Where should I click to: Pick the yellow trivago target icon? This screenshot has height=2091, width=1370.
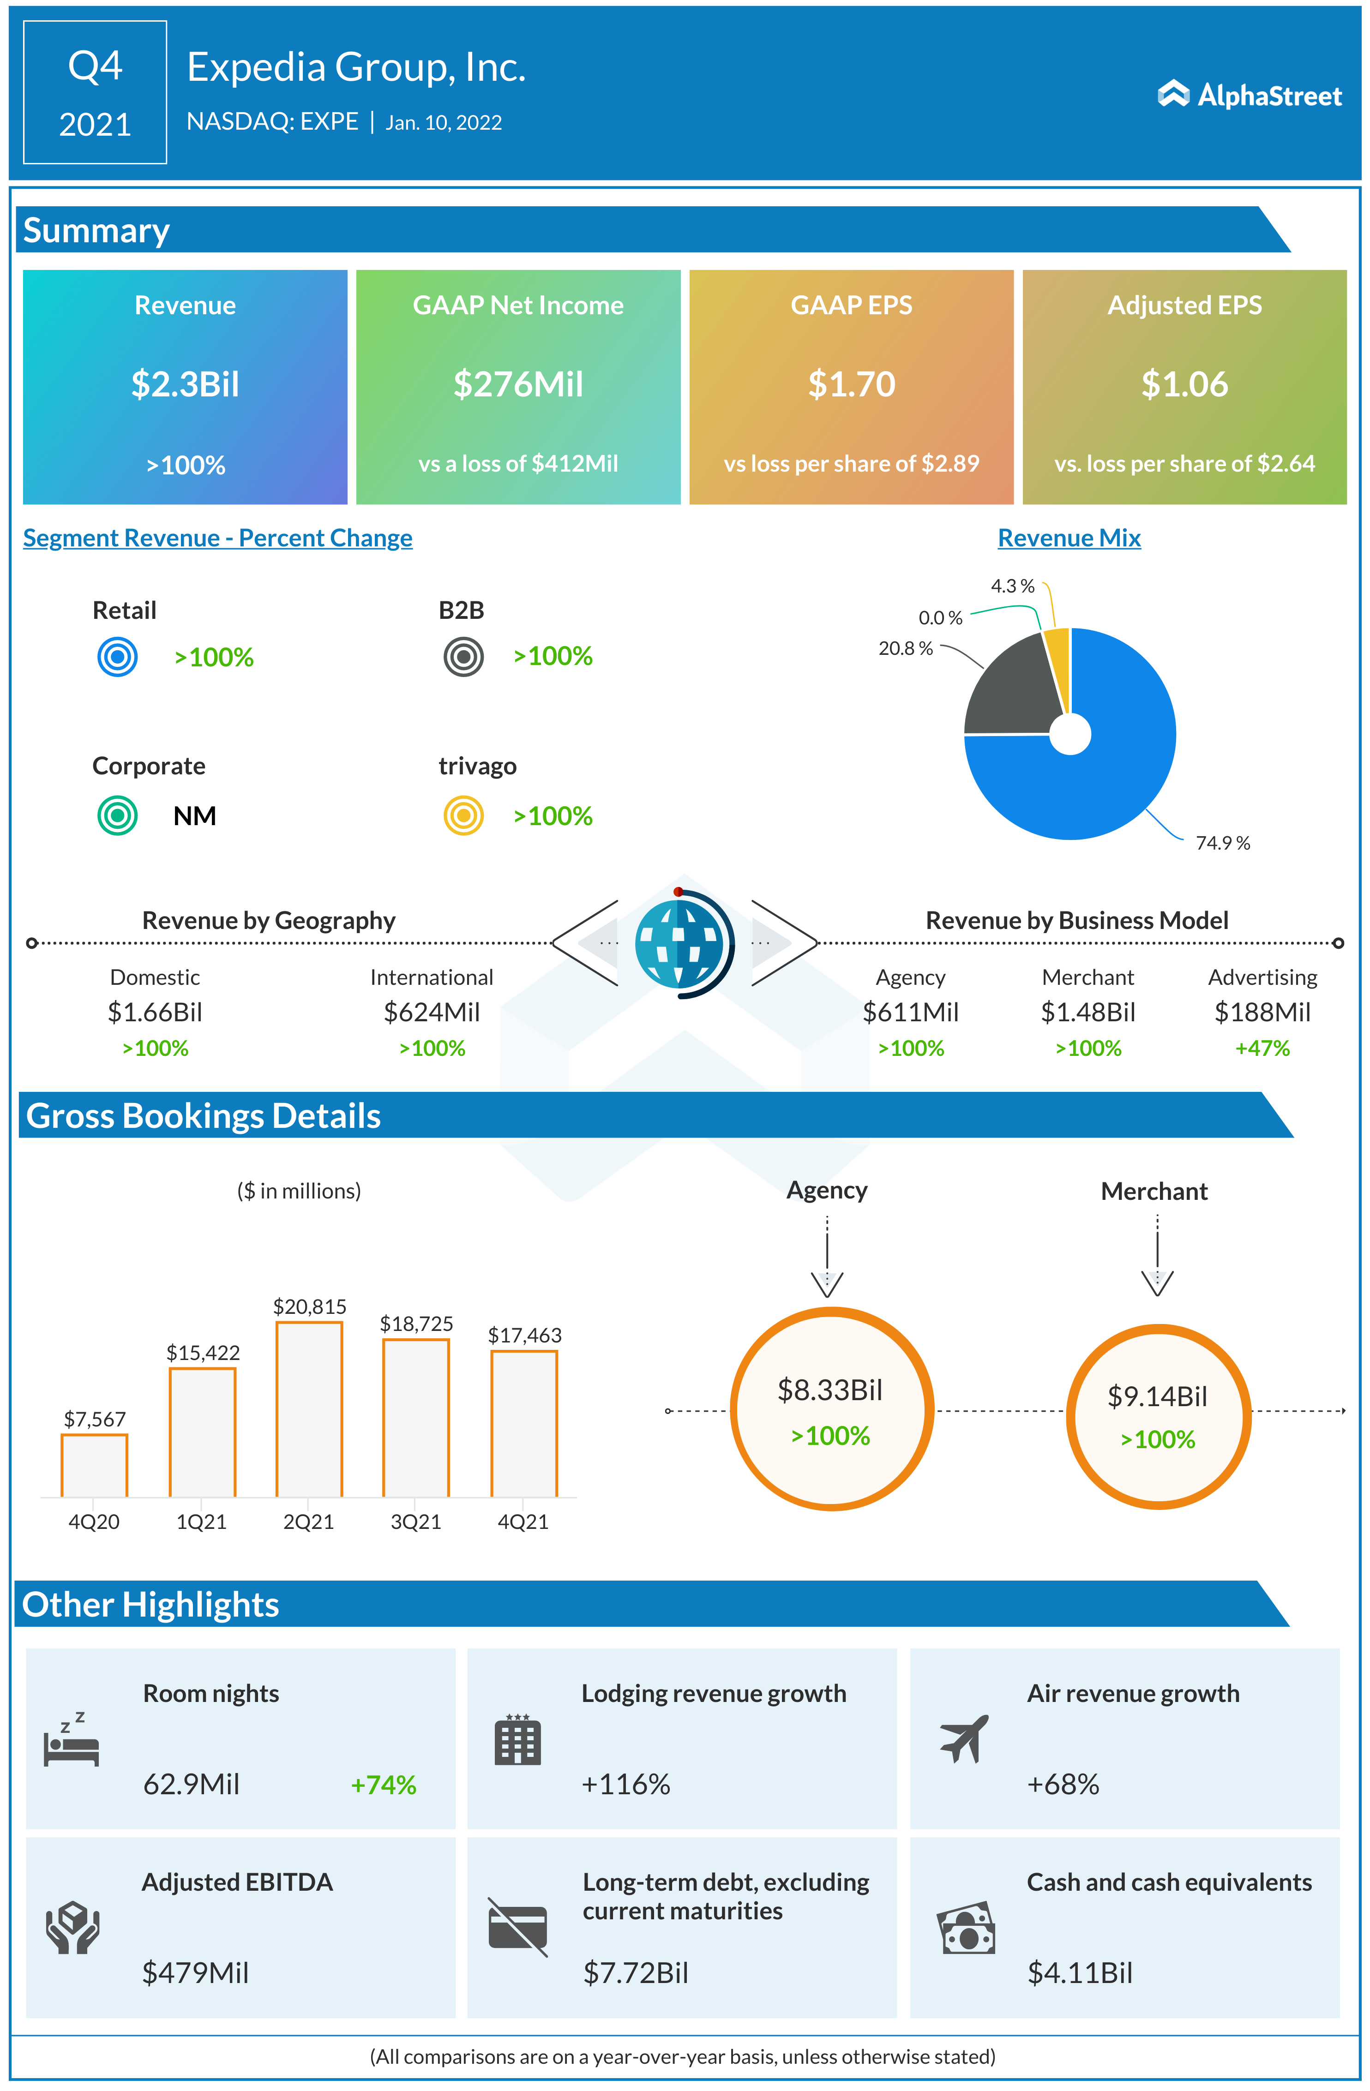coord(463,815)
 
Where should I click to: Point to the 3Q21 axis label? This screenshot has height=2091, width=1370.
coord(415,1522)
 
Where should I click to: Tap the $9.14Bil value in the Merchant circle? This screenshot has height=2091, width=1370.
coord(1157,1396)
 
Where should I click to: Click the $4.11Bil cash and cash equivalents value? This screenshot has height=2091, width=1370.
coord(1080,1973)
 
